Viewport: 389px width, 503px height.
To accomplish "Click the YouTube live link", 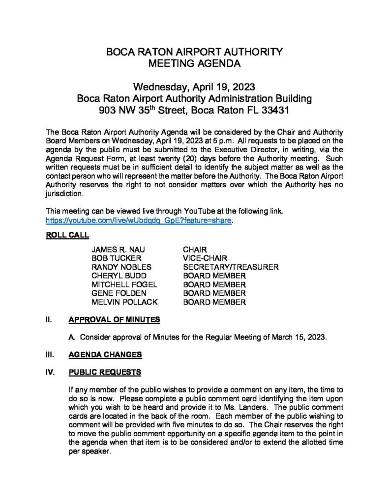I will [138, 221].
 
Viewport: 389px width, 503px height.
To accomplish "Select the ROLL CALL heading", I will [67, 235].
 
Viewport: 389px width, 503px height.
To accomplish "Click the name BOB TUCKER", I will [116, 258].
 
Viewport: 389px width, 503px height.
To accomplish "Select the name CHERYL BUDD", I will [119, 276].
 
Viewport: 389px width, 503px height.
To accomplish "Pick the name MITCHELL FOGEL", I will [124, 285].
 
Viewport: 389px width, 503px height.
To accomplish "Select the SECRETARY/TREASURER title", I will [231, 267].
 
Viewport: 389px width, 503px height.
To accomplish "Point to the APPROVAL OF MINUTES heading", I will [114, 320].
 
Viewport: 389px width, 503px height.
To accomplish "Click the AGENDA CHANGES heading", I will [105, 355].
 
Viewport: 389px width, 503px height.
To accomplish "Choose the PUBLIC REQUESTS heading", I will [105, 372].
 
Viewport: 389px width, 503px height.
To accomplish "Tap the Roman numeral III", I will [49, 355].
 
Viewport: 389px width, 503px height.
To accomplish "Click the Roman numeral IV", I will [50, 372].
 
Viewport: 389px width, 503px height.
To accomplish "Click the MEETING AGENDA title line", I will [194, 63].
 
